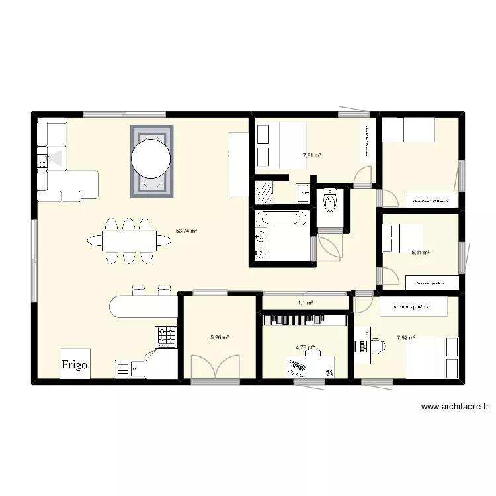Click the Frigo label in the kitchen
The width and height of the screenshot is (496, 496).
74,364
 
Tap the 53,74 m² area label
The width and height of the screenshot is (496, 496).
186,231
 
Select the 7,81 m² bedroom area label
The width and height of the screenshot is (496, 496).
311,156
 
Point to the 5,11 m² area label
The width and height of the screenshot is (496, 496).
421,252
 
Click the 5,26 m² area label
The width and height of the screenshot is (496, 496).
220,337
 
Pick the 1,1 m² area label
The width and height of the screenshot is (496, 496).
305,303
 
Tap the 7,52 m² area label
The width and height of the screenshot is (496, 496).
405,338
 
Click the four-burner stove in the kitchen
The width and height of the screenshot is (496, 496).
167,337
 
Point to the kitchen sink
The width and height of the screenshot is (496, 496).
132,368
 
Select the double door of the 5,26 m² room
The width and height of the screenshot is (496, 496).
215,368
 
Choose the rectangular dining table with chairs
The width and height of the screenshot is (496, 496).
130,241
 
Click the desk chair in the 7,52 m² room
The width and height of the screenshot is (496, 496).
377,345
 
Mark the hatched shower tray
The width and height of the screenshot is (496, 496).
264,192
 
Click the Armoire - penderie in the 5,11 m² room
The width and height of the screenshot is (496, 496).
428,283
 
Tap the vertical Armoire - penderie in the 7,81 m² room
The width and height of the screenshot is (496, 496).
365,140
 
